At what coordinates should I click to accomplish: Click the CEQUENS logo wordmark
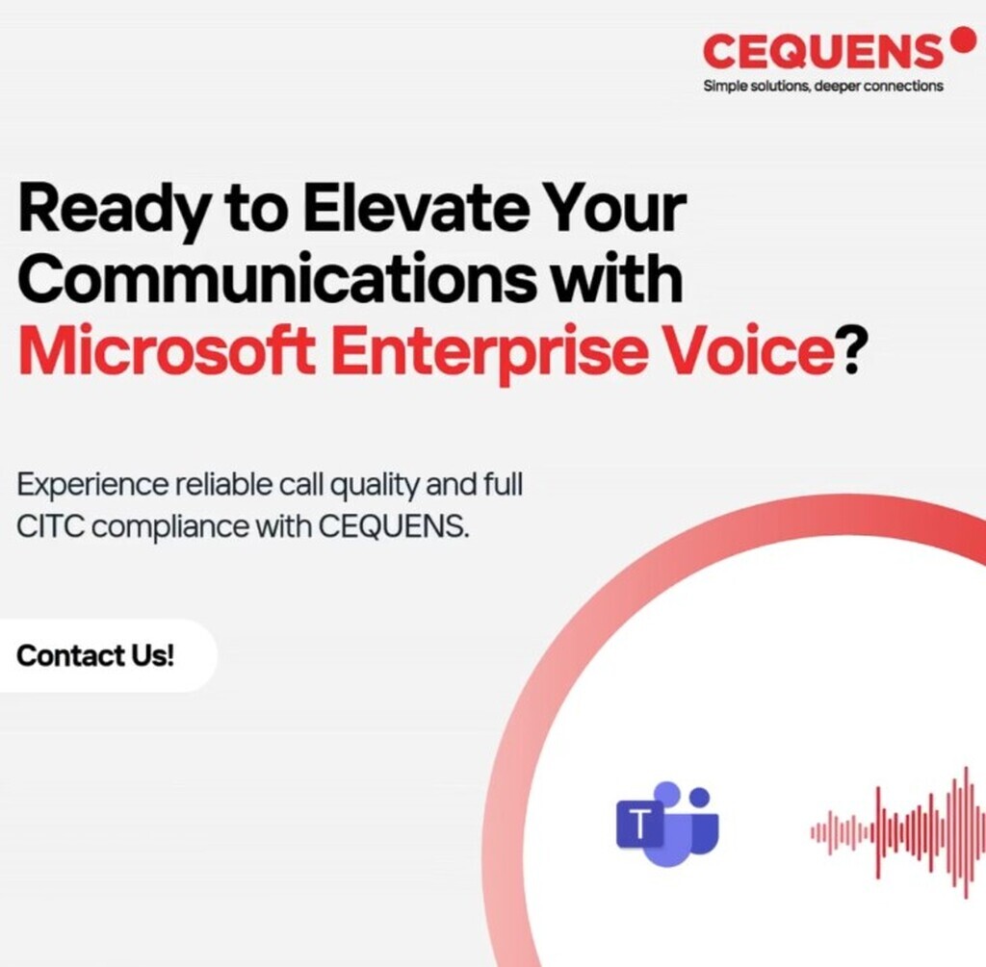pyautogui.click(x=822, y=51)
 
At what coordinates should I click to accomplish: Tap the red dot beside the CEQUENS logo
pyautogui.click(x=962, y=38)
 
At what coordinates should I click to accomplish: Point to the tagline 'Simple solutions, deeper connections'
pyautogui.click(x=823, y=86)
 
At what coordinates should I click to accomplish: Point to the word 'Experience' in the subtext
pyautogui.click(x=92, y=486)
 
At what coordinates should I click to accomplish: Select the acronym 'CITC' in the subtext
pyautogui.click(x=50, y=526)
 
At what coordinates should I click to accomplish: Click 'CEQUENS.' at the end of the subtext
pyautogui.click(x=394, y=526)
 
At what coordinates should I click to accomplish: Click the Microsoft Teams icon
pyautogui.click(x=666, y=824)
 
